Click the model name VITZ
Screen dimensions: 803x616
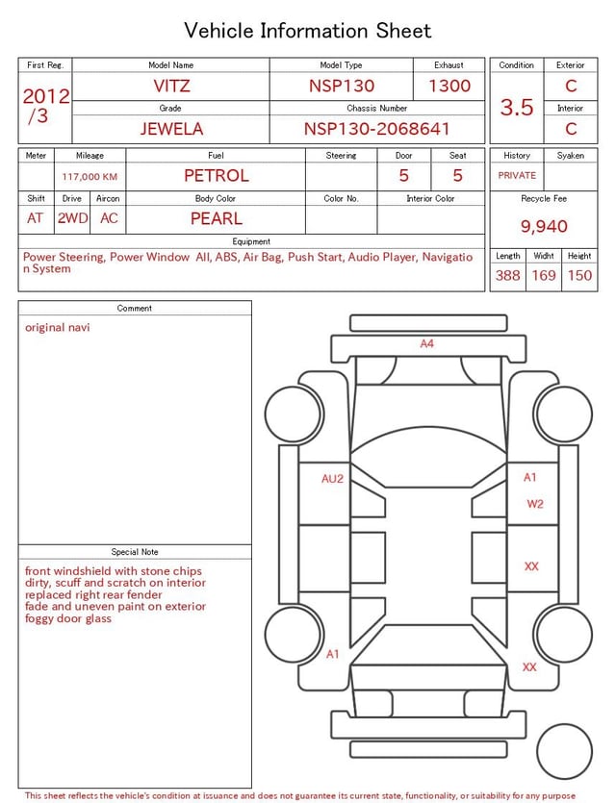pyautogui.click(x=171, y=86)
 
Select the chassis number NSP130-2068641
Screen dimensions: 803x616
pyautogui.click(x=377, y=129)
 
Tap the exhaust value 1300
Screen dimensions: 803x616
pyautogui.click(x=449, y=86)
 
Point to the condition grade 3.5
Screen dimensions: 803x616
pyautogui.click(x=517, y=108)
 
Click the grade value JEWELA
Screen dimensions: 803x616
pyautogui.click(x=171, y=129)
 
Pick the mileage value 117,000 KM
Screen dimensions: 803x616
pyautogui.click(x=90, y=177)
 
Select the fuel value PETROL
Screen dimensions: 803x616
pyautogui.click(x=217, y=175)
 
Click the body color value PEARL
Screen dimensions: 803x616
pyautogui.click(x=217, y=218)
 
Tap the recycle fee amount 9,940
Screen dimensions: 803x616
pyautogui.click(x=544, y=226)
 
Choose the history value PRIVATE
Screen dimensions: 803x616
pyautogui.click(x=517, y=176)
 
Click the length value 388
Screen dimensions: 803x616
pyautogui.click(x=507, y=275)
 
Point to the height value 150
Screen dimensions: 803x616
pyautogui.click(x=579, y=275)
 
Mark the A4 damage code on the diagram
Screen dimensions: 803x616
pyautogui.click(x=426, y=343)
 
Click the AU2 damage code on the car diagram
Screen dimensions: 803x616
pyautogui.click(x=332, y=478)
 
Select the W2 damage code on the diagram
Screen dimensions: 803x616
pyautogui.click(x=535, y=503)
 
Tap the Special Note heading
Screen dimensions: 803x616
pyautogui.click(x=135, y=552)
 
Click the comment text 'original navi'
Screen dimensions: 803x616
pyautogui.click(x=58, y=328)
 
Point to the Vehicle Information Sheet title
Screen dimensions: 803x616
pyautogui.click(x=308, y=31)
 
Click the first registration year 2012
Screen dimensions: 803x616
pyautogui.click(x=45, y=95)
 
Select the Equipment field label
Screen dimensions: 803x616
pyautogui.click(x=251, y=241)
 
